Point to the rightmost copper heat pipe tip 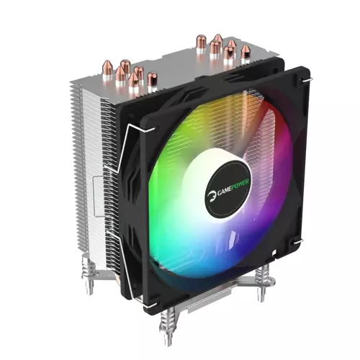tap(246, 50)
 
